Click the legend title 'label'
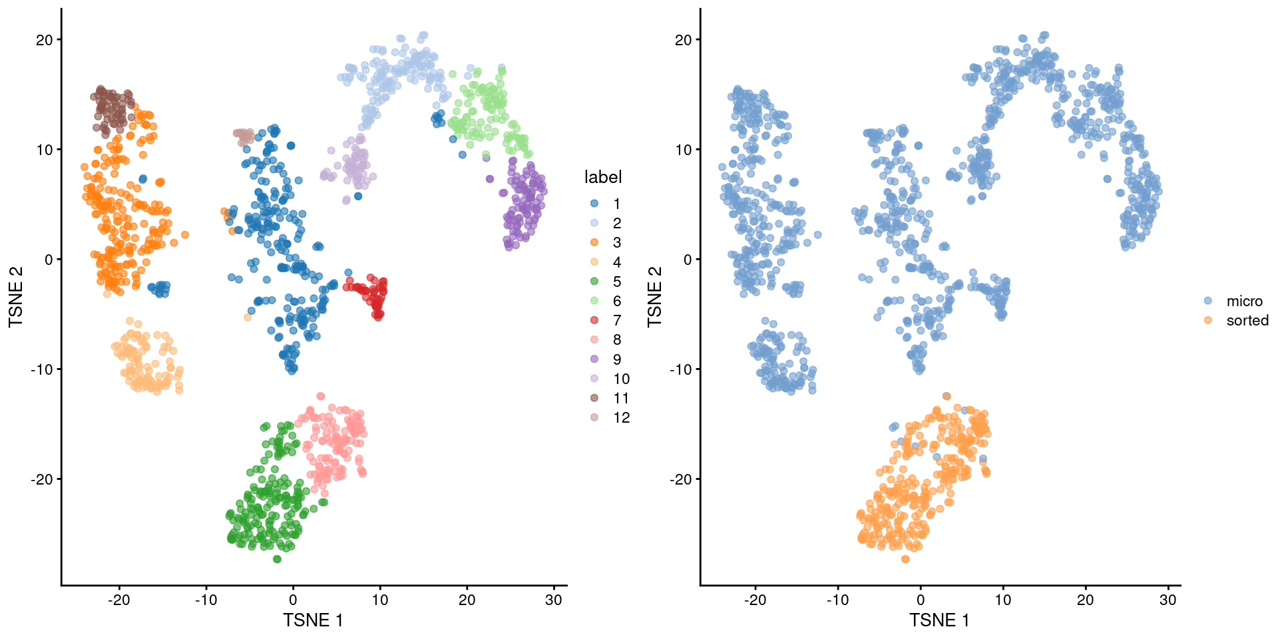point(602,177)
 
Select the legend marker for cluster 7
point(594,320)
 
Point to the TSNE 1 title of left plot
point(313,620)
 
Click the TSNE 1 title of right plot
point(939,620)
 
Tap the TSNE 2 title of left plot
point(16,297)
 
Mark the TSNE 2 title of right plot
point(655,297)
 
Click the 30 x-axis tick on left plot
point(554,600)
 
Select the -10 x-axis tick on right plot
point(838,600)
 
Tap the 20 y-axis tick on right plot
point(684,40)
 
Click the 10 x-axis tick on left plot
point(379,600)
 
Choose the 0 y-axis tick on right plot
point(688,260)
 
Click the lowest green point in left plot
point(278,559)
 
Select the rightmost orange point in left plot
point(185,234)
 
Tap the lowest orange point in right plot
point(905,559)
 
